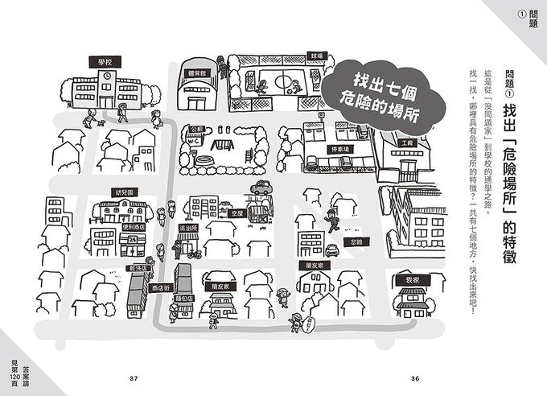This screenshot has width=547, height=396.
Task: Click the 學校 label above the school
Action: coord(105,61)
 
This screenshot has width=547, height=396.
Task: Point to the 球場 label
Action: coord(317,57)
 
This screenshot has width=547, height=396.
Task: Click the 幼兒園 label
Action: coord(124,194)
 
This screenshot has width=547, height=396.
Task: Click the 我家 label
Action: coord(413,279)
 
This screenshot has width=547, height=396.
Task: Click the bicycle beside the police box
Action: coord(195,255)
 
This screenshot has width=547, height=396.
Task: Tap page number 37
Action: coord(134,380)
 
